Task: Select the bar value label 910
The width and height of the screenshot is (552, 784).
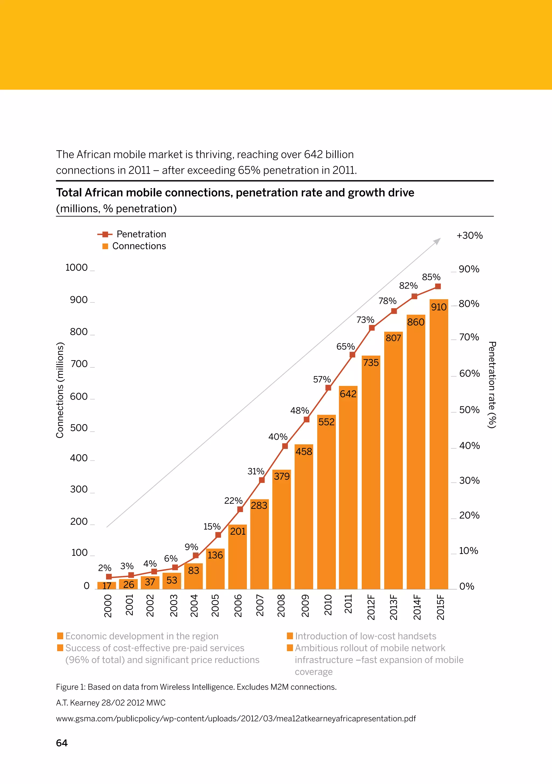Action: (x=439, y=307)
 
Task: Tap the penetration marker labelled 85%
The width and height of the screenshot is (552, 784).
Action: (x=438, y=287)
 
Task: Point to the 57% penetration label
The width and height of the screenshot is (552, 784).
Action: (x=322, y=379)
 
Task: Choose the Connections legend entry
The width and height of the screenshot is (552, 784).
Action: (x=139, y=246)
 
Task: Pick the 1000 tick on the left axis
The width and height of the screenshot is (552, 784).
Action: (x=77, y=268)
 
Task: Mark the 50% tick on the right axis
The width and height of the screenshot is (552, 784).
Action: (x=469, y=410)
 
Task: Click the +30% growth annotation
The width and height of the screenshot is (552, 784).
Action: (x=470, y=236)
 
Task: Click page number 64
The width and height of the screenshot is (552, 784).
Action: (x=62, y=743)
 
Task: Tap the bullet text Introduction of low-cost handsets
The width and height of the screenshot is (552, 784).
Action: (x=365, y=636)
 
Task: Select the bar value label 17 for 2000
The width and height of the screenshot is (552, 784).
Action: (x=107, y=586)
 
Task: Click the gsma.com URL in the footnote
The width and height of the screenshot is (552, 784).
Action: (x=236, y=718)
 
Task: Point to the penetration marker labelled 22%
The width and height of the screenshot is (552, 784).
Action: (x=240, y=509)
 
